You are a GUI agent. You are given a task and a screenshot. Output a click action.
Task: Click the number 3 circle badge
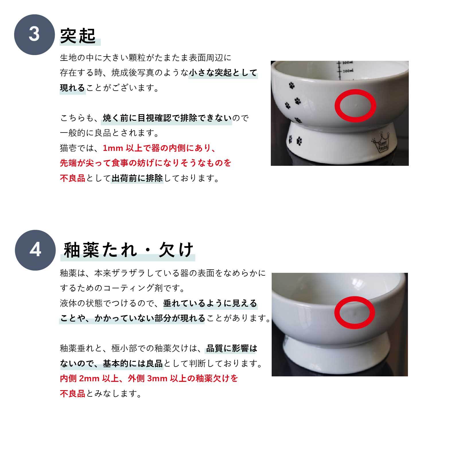click(34, 34)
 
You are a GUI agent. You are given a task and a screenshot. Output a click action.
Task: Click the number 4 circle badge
click(35, 250)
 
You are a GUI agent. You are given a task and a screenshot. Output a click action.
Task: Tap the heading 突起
click(78, 36)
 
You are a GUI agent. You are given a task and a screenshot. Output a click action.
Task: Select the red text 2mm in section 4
click(89, 379)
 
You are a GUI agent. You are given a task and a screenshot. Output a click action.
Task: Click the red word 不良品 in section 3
click(73, 178)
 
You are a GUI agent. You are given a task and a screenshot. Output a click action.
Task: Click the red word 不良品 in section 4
click(73, 394)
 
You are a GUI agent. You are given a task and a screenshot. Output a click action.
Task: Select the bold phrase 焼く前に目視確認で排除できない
click(167, 118)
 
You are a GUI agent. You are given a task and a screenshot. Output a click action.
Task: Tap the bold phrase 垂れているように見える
click(210, 303)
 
